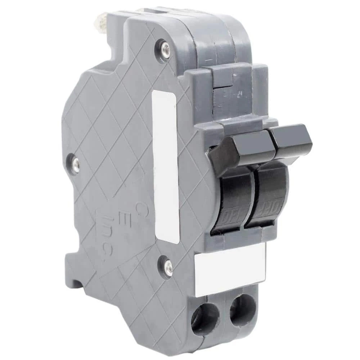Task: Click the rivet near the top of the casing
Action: click(165, 47)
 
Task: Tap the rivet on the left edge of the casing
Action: click(75, 164)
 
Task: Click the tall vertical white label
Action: click(165, 166)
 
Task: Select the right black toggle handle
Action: click(290, 140)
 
